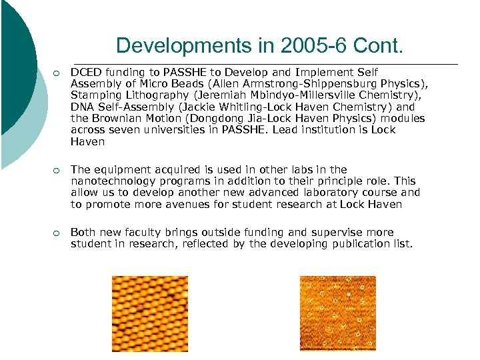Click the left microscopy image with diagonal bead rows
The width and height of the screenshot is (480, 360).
click(x=149, y=313)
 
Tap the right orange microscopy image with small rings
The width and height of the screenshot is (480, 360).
click(x=337, y=313)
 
